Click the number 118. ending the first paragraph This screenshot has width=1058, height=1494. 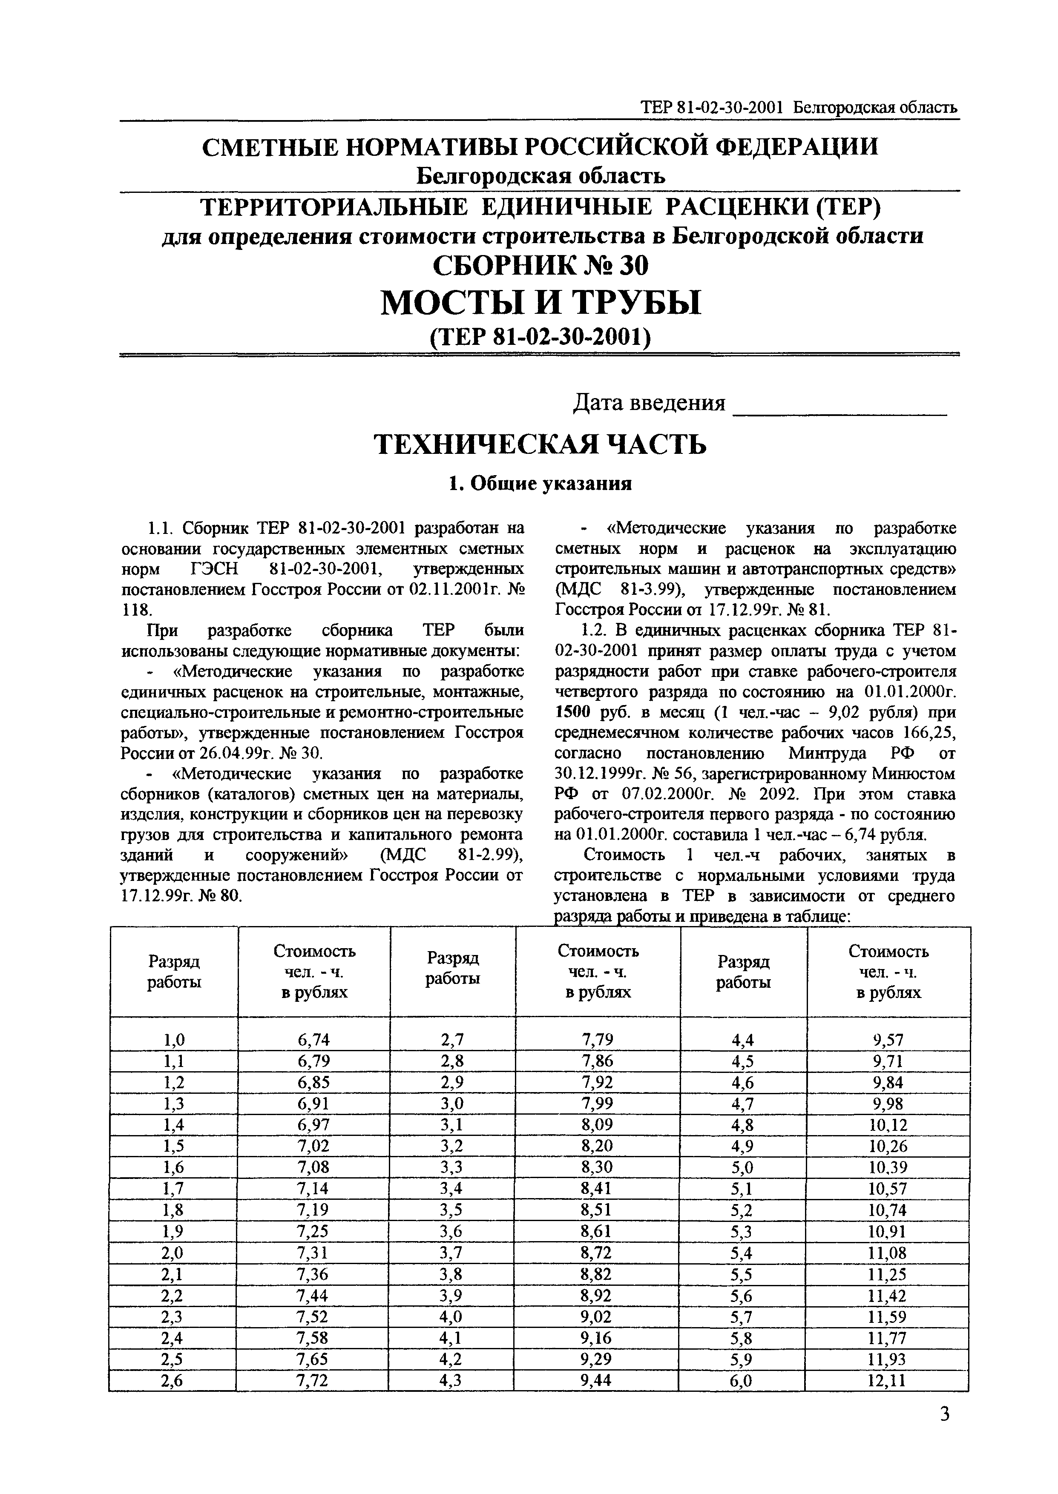click(x=136, y=610)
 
